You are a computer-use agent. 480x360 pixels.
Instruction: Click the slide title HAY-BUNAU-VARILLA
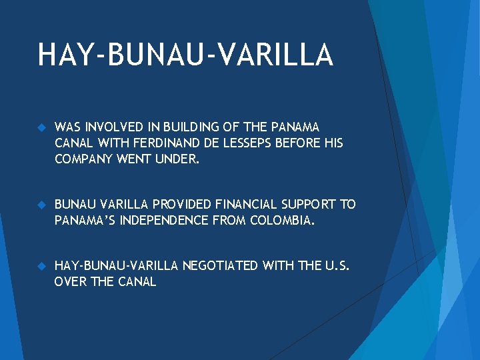point(185,55)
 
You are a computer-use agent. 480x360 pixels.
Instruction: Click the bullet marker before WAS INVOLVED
point(41,127)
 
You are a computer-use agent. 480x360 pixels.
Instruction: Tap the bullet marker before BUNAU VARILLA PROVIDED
point(41,204)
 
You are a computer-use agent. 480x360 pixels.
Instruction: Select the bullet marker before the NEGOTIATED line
point(41,266)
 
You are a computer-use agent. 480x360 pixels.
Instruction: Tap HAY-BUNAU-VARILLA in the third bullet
point(116,266)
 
